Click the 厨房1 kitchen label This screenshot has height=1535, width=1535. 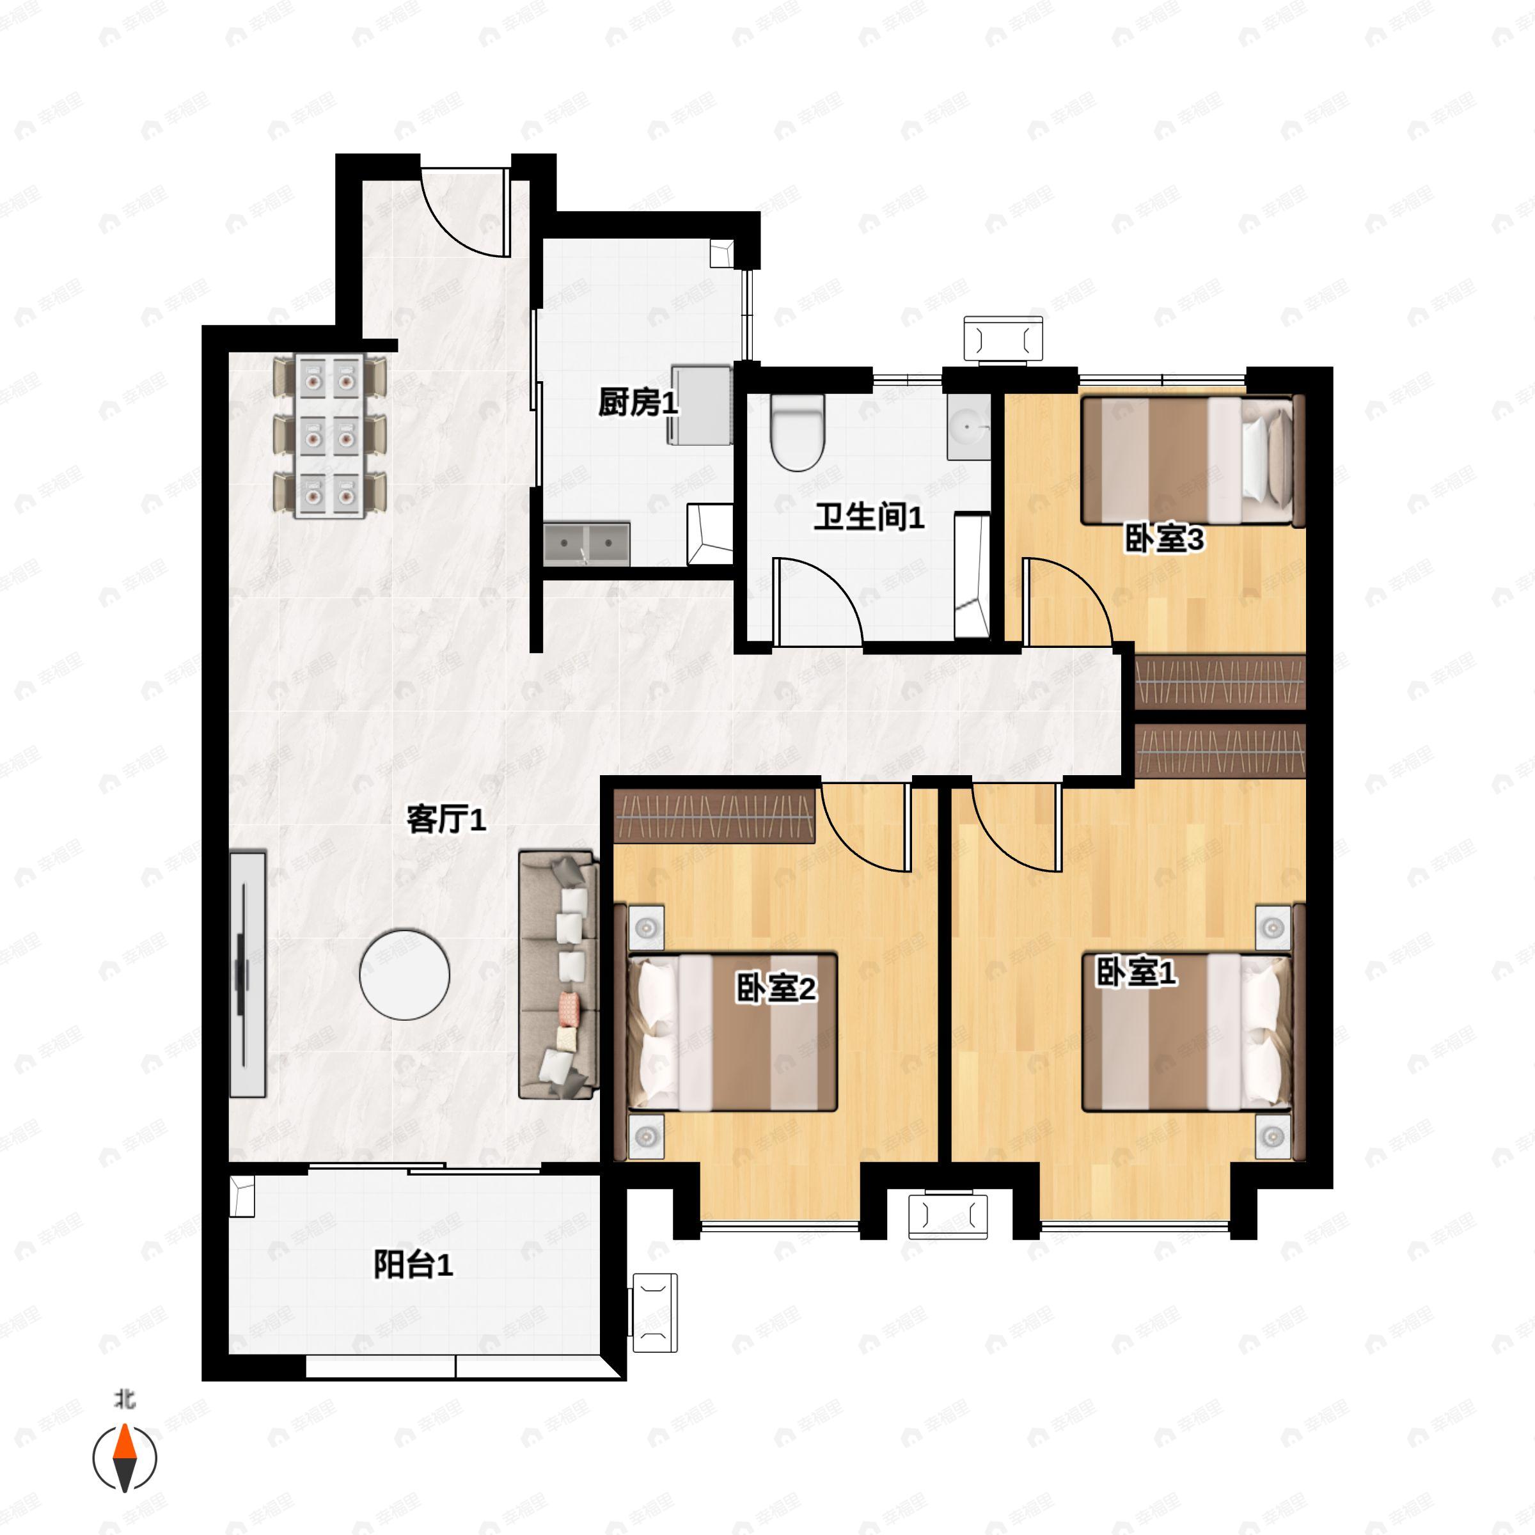[x=638, y=403]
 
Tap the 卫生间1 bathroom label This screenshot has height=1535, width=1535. [x=869, y=517]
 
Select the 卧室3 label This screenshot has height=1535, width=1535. [x=1164, y=539]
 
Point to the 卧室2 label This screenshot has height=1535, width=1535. [x=775, y=989]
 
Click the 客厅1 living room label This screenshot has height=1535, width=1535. [x=446, y=819]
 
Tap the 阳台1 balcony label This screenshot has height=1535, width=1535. [x=413, y=1265]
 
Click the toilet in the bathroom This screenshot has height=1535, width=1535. [x=798, y=433]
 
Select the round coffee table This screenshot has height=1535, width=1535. [x=404, y=975]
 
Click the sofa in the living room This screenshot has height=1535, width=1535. [x=558, y=975]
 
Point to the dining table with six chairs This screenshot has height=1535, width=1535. [x=330, y=436]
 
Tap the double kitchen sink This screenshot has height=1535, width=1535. [x=586, y=544]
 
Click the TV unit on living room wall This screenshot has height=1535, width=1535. [x=247, y=974]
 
